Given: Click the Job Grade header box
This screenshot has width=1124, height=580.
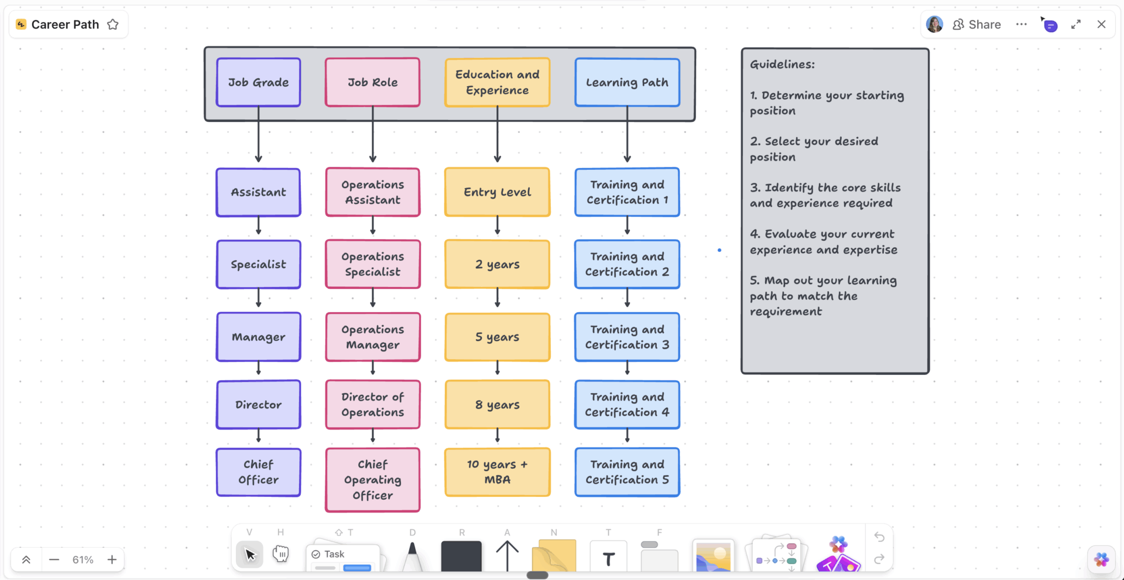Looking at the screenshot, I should tap(258, 82).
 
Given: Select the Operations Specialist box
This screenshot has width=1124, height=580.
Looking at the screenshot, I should tap(373, 264).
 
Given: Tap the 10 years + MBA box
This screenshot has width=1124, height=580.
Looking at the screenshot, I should tap(497, 472).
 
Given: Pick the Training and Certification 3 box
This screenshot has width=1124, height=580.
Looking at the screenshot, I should tap(627, 337).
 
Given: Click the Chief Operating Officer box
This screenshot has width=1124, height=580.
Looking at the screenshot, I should tap(373, 480).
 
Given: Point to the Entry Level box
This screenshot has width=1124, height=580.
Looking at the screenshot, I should tap(497, 192).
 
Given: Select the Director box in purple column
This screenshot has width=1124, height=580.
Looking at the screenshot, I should tap(258, 405).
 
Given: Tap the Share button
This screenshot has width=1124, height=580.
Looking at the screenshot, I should tap(977, 25).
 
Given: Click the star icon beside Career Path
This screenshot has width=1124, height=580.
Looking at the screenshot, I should tap(113, 25).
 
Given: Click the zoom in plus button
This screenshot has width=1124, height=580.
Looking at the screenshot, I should tap(112, 559).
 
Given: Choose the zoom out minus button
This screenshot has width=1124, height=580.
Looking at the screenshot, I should tap(54, 559).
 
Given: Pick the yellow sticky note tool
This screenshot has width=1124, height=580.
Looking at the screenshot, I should tap(554, 557).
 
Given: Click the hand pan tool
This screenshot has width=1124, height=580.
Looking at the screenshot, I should tap(281, 554).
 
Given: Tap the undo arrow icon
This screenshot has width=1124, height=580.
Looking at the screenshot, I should tap(879, 537).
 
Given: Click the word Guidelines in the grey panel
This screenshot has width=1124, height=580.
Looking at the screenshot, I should tap(782, 64).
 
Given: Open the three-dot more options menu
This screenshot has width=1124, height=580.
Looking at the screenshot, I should tap(1022, 25).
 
